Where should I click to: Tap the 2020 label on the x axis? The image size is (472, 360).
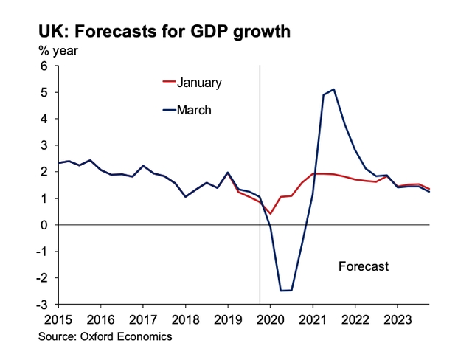click(270, 319)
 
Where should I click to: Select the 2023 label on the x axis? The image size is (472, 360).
click(398, 319)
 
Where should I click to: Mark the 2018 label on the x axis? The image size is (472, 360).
click(185, 319)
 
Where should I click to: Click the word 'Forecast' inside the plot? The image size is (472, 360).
click(363, 266)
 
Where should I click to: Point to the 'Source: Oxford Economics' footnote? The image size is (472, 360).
click(105, 336)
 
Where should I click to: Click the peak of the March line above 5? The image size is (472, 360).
click(334, 89)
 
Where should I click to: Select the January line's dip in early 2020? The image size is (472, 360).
click(271, 214)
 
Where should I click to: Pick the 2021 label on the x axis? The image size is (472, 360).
click(313, 319)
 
